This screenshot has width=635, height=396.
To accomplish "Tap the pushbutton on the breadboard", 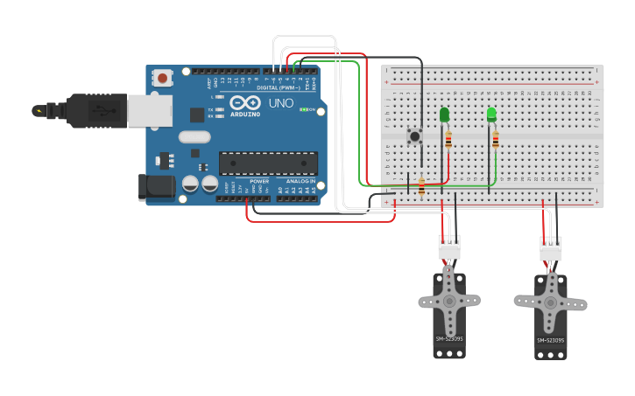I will pyautogui.click(x=414, y=135).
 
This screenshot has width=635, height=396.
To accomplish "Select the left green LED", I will pyautogui.click(x=444, y=115).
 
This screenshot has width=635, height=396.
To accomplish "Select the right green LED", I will pyautogui.click(x=491, y=115).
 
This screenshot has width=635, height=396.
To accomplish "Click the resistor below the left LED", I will pyautogui.click(x=449, y=139).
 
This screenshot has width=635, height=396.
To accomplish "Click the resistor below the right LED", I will pyautogui.click(x=496, y=139).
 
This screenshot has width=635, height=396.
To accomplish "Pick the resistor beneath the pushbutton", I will pyautogui.click(x=421, y=185).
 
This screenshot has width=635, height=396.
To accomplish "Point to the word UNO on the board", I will pyautogui.click(x=281, y=103).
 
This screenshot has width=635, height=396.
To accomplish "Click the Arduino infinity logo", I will pyautogui.click(x=245, y=102).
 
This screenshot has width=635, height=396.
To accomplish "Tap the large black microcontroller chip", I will pyautogui.click(x=268, y=163).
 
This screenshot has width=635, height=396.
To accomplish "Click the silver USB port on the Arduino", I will pyautogui.click(x=149, y=111).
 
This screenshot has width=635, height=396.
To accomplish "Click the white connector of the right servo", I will pyautogui.click(x=551, y=248).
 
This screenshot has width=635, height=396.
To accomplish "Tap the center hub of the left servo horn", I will pyautogui.click(x=449, y=302).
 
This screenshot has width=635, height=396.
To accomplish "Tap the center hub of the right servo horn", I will pyautogui.click(x=551, y=302).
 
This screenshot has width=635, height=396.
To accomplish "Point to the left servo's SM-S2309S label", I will pyautogui.click(x=449, y=338).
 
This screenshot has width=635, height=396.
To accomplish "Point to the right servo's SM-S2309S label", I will pyautogui.click(x=551, y=340).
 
